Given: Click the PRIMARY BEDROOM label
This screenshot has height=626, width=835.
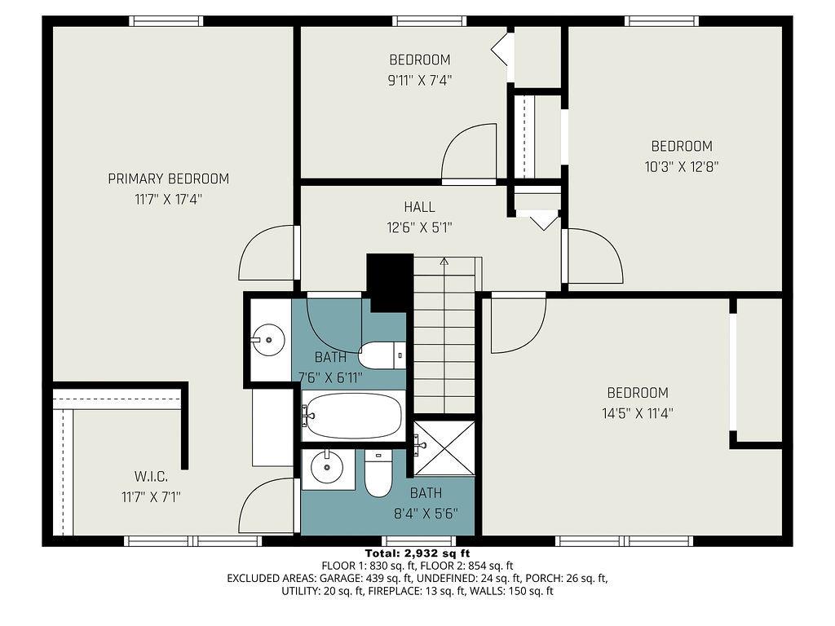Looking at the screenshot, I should [x=168, y=179].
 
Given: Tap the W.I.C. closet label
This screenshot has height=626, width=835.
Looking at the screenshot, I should [x=151, y=475].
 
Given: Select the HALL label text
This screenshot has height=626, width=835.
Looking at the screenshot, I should [x=419, y=207].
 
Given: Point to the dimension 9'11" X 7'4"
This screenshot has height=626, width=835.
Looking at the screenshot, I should [x=419, y=80].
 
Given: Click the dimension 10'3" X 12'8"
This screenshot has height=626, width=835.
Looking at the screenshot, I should [x=681, y=166].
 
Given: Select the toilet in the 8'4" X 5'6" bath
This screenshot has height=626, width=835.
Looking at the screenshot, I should [x=378, y=475].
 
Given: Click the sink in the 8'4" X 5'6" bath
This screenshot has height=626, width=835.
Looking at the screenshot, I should [x=329, y=467].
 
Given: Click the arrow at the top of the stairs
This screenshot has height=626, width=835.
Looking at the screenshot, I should [x=444, y=262].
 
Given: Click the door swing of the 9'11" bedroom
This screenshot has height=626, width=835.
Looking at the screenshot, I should [x=471, y=152].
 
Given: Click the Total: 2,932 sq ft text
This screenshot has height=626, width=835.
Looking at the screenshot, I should [x=417, y=553].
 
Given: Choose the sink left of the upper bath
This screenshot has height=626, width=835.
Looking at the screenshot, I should [x=267, y=336].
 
